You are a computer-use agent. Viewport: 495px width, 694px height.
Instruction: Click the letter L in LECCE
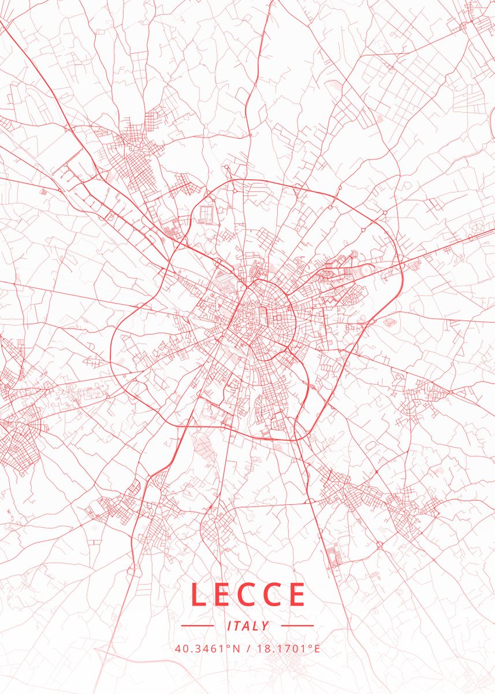[x=198, y=594]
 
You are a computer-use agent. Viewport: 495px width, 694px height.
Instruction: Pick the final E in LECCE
[x=296, y=594]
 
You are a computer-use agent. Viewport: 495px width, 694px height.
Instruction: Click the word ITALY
[x=248, y=626]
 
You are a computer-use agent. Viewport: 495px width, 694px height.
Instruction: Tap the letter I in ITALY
[x=229, y=626]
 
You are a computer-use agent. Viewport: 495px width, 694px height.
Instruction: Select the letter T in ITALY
[x=237, y=626]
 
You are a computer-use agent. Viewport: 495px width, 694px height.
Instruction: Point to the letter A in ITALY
[x=247, y=626]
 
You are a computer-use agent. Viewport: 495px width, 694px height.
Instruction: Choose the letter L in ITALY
[x=256, y=626]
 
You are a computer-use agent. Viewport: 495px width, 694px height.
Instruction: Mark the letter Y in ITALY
[x=265, y=626]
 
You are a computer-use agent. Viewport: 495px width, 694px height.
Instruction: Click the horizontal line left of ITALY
[x=198, y=626]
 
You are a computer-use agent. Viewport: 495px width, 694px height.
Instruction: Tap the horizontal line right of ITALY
[x=297, y=626]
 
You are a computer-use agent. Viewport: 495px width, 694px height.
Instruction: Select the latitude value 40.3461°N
[x=207, y=648]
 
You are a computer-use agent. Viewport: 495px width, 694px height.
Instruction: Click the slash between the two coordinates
[x=247, y=648]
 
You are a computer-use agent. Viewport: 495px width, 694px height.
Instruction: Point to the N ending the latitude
[x=236, y=648]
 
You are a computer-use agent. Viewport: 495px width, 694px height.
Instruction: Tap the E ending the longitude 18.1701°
[x=317, y=648]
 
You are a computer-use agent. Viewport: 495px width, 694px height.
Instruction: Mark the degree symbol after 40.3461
[x=229, y=645]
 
